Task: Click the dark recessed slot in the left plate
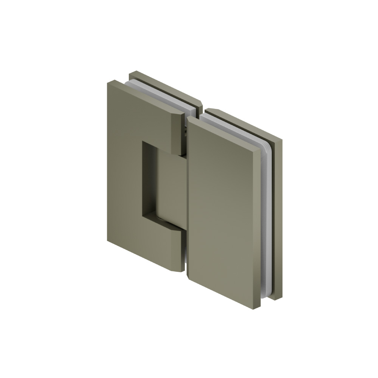pos(148,178)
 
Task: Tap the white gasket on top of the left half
pos(159,94)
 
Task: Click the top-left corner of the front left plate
pos(110,82)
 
